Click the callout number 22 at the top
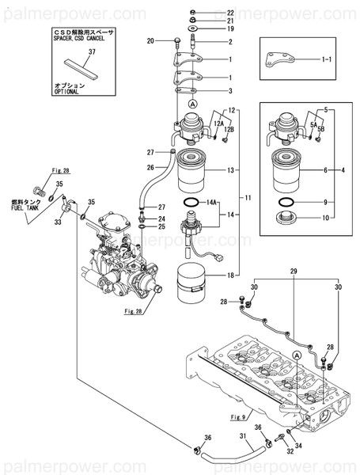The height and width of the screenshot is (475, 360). point(230,13)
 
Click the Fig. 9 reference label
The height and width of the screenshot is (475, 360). point(238,416)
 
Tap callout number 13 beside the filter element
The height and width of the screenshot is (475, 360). point(231,169)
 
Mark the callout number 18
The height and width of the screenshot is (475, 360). point(231,274)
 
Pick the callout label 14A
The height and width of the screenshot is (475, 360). point(211,203)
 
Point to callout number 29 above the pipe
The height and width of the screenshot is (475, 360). point(294,272)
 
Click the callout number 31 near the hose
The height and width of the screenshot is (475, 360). point(244,435)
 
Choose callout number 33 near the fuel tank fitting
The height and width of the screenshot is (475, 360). point(56,223)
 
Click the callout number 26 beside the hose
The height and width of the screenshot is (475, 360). point(150,167)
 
